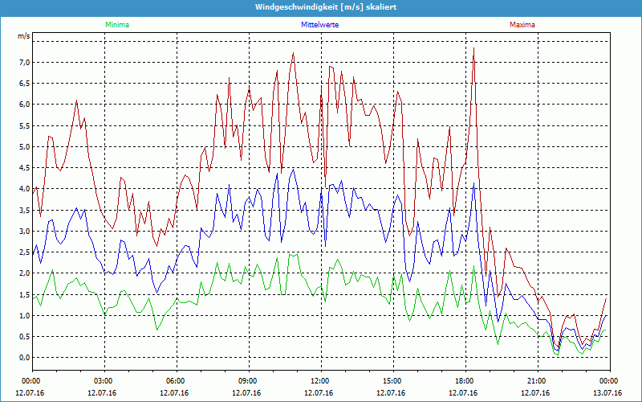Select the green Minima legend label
tap(116, 25)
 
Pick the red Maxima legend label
tap(522, 25)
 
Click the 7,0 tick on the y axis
tap(24, 62)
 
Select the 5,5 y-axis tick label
tap(24, 125)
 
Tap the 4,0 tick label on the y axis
tap(24, 189)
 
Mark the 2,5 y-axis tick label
tap(24, 252)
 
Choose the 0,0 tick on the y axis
tap(24, 358)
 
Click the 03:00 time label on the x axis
tap(104, 380)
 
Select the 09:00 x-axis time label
tap(248, 380)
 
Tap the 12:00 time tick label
tap(320, 380)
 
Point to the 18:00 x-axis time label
tap(465, 380)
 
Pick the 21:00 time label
tap(537, 380)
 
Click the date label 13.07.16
tap(608, 392)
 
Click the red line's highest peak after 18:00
tap(473, 48)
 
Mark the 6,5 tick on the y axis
tap(24, 83)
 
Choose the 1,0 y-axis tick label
tap(24, 316)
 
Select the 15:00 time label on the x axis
tap(392, 380)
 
